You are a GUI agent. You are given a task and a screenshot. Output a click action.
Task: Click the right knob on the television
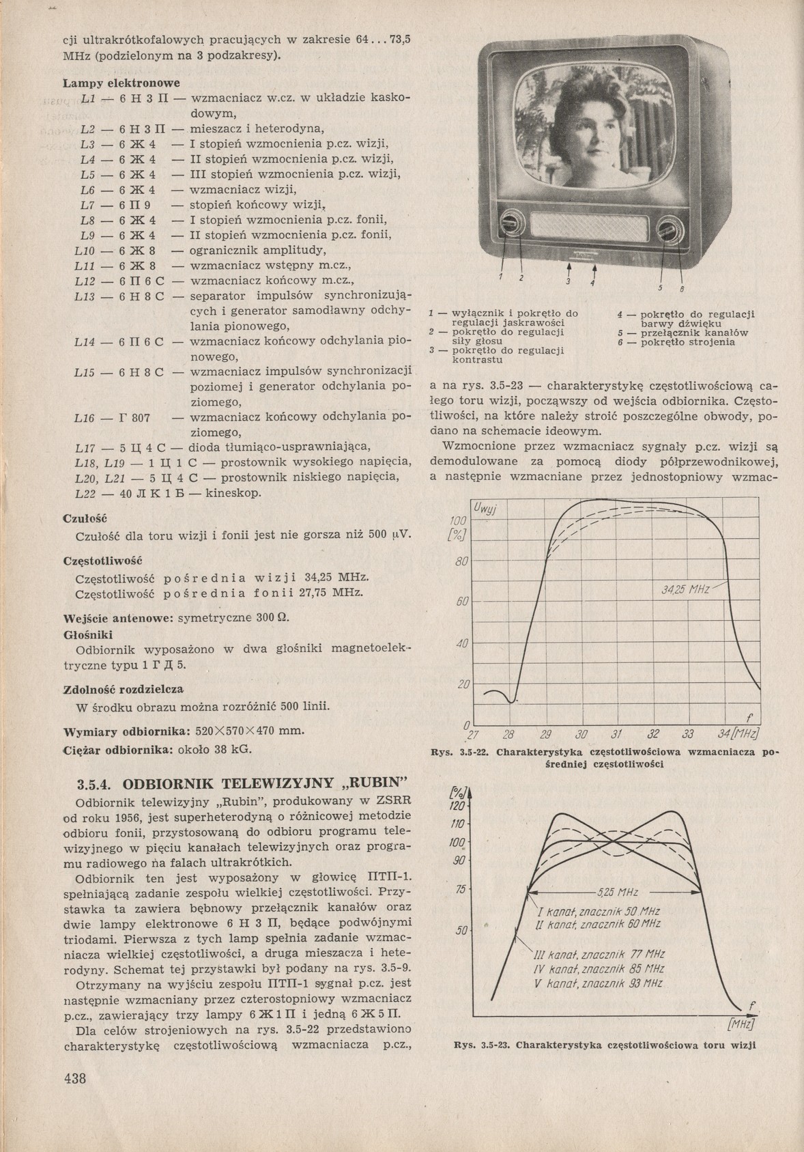[670, 228]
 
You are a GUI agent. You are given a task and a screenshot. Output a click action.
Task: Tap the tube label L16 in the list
[85, 417]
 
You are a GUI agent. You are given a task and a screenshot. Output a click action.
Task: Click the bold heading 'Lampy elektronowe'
[121, 83]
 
